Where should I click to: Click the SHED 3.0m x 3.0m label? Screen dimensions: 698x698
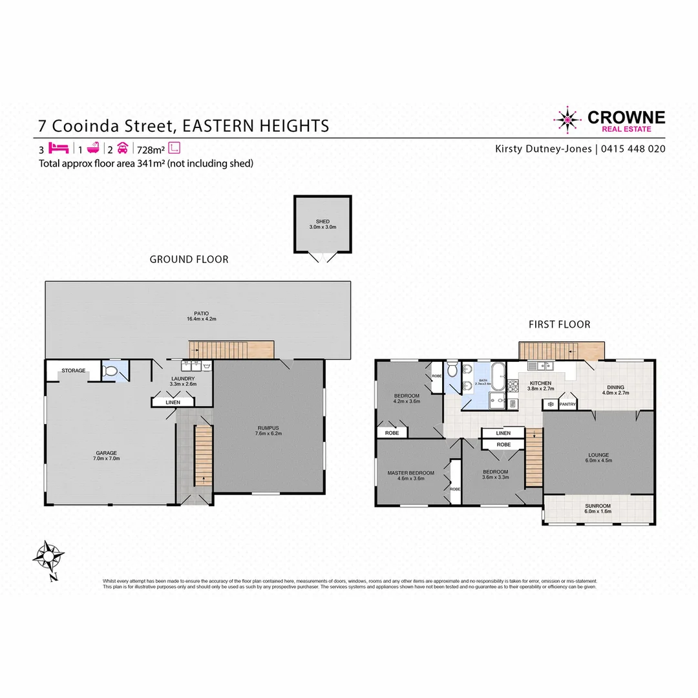point(322,224)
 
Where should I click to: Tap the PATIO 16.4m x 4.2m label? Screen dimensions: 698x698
point(198,316)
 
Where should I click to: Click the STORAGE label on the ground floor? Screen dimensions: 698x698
point(73,371)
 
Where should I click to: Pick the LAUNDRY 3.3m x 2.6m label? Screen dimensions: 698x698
point(182,381)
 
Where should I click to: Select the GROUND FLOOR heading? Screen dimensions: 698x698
point(189,259)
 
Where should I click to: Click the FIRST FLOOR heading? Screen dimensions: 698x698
point(559,324)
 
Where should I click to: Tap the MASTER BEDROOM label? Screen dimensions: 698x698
point(410,476)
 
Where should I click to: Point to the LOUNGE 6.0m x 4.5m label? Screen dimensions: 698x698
point(598,458)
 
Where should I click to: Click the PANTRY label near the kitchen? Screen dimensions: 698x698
point(567,404)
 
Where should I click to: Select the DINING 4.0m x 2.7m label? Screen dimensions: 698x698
point(615,390)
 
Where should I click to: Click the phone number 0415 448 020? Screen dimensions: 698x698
point(633,149)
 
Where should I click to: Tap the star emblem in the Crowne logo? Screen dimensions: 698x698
point(567,120)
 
